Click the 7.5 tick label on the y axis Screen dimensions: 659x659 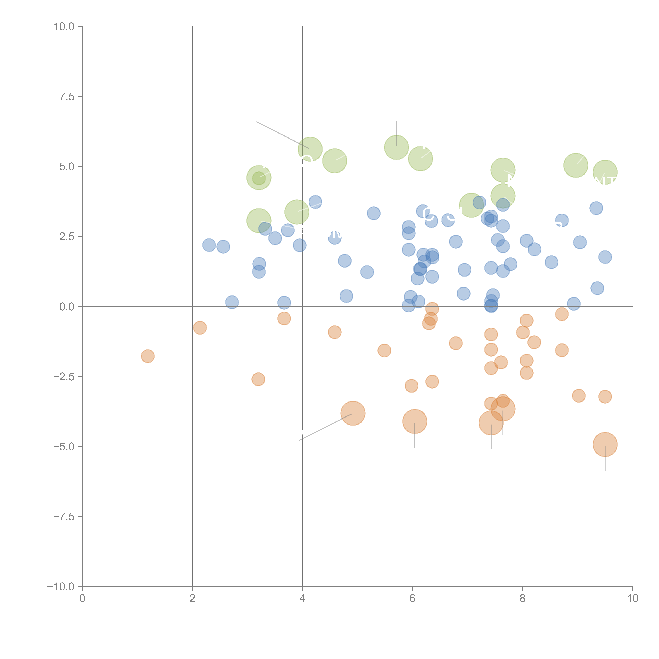click(x=67, y=96)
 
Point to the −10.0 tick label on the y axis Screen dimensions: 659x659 click(x=61, y=587)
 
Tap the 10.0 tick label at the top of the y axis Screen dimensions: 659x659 click(x=64, y=27)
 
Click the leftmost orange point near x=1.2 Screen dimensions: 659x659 click(x=148, y=356)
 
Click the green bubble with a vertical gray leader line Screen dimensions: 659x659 click(x=396, y=147)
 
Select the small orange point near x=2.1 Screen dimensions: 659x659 click(x=200, y=328)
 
